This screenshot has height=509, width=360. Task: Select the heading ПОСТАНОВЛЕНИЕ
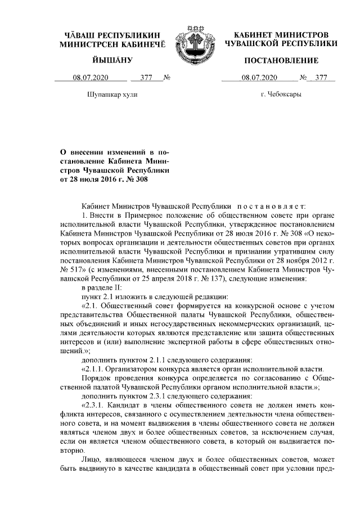tap(281, 60)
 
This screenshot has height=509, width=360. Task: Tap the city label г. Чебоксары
tap(281, 94)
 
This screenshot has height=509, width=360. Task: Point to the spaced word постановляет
tap(272, 207)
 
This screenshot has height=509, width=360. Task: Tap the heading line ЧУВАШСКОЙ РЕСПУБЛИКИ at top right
tap(281, 43)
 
